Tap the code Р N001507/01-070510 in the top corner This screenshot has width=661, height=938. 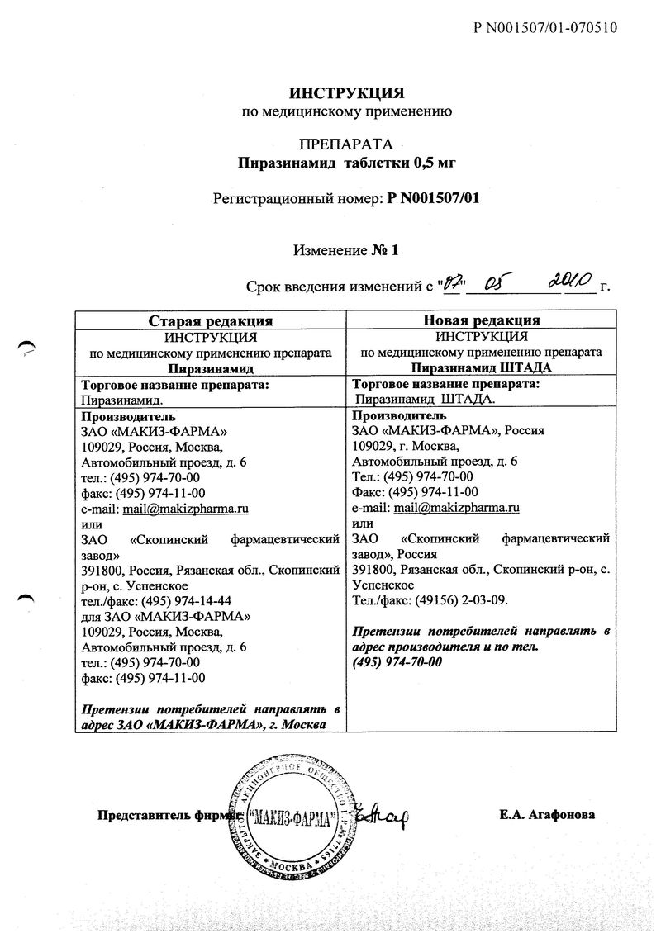(x=546, y=28)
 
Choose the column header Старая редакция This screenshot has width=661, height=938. (x=211, y=320)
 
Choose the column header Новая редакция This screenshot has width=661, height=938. (x=482, y=320)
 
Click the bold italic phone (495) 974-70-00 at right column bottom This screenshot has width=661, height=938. (x=397, y=663)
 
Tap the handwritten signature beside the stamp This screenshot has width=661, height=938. (x=383, y=817)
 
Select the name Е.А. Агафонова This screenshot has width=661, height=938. (x=546, y=815)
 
